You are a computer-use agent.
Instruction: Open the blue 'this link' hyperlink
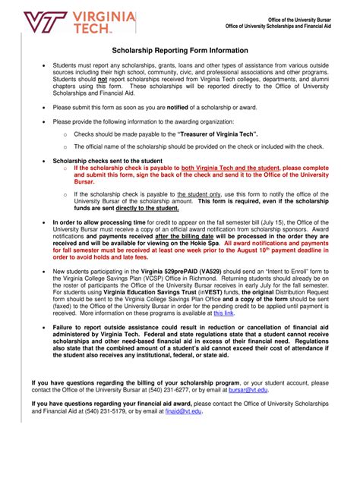223,311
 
